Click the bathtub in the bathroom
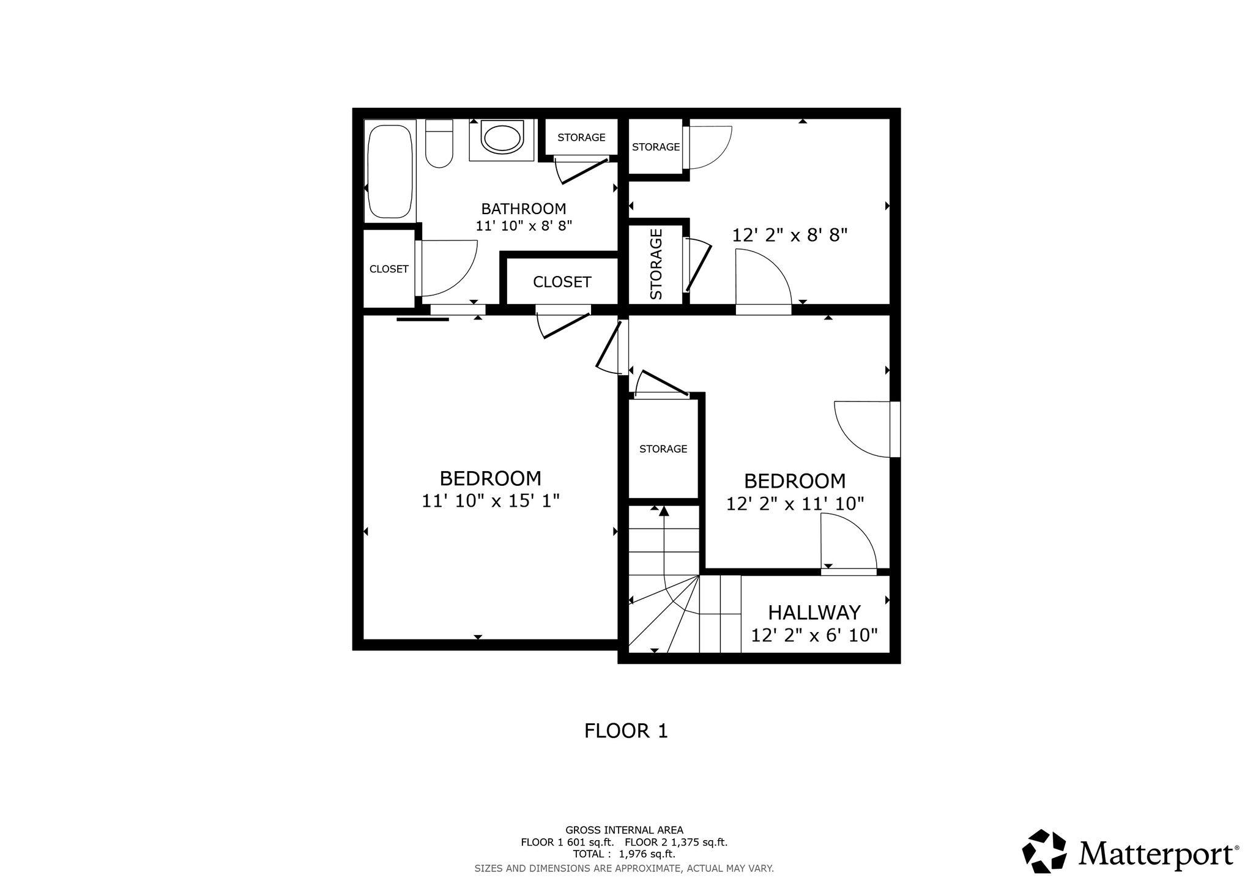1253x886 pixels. pyautogui.click(x=390, y=171)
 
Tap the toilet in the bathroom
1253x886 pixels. pyautogui.click(x=438, y=144)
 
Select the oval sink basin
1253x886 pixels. pyautogui.click(x=502, y=138)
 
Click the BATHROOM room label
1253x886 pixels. pyautogui.click(x=524, y=209)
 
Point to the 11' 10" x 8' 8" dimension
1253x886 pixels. pyautogui.click(x=524, y=226)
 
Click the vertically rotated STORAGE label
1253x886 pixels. pyautogui.click(x=656, y=264)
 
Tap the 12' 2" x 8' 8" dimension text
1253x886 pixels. pyautogui.click(x=790, y=236)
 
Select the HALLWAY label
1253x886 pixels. pyautogui.click(x=814, y=612)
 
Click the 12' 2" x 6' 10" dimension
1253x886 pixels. pyautogui.click(x=814, y=635)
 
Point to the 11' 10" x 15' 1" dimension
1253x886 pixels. pyautogui.click(x=491, y=501)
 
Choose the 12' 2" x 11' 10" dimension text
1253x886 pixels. pyautogui.click(x=795, y=504)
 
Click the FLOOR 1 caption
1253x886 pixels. pyautogui.click(x=626, y=731)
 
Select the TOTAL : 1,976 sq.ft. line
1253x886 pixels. pyautogui.click(x=624, y=854)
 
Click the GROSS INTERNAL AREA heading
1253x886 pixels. pyautogui.click(x=624, y=830)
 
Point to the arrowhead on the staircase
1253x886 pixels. pyautogui.click(x=664, y=512)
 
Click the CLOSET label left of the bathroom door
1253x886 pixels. pyautogui.click(x=389, y=269)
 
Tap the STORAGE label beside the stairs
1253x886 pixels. pyautogui.click(x=663, y=449)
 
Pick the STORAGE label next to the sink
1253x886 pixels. pyautogui.click(x=581, y=138)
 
